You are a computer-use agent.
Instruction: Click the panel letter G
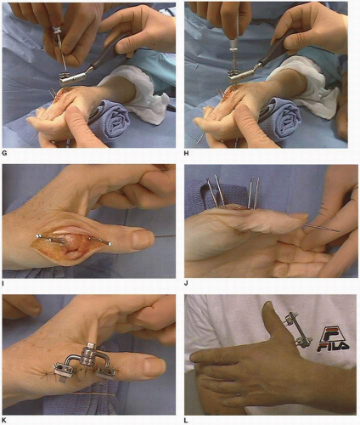[x=4, y=154]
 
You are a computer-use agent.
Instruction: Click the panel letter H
[x=186, y=154]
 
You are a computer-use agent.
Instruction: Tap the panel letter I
[x=3, y=282]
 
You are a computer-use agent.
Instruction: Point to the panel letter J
[x=186, y=282]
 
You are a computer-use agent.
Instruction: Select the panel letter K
[x=4, y=420]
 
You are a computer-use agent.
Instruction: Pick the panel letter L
[x=186, y=420]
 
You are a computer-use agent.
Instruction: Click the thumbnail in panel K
[x=155, y=367]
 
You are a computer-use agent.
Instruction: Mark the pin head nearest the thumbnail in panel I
[x=110, y=243]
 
